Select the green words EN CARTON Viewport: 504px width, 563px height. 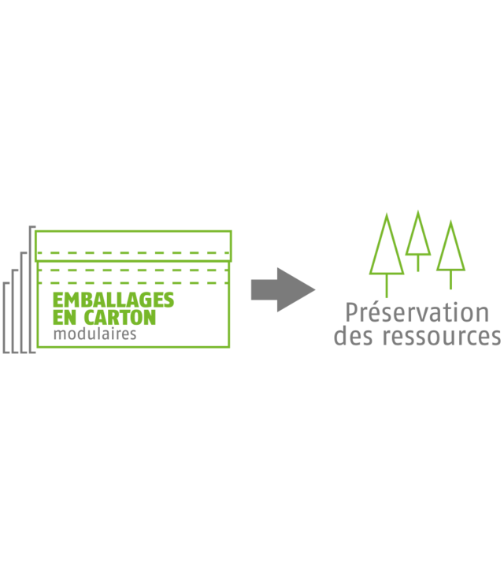coord(104,319)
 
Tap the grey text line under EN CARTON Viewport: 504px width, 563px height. coord(94,334)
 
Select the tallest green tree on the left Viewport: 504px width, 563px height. coord(387,248)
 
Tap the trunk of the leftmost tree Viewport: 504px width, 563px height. coord(387,289)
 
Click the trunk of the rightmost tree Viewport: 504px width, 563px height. coord(450,279)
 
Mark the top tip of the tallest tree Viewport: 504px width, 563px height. coord(387,211)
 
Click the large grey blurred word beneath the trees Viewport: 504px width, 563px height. coord(416,313)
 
